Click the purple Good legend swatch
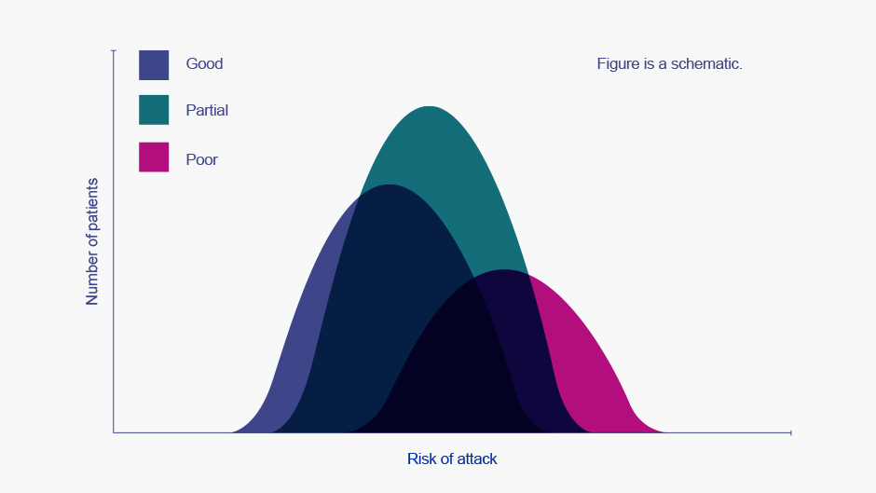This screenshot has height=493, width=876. [154, 65]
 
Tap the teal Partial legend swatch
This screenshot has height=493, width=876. [154, 110]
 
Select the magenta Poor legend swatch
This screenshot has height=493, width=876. [154, 157]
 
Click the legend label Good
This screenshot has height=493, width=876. [204, 63]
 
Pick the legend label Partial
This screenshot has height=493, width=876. [207, 110]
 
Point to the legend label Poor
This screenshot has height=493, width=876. [201, 160]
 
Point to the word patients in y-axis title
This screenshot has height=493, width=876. [92, 204]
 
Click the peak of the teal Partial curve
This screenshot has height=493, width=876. [429, 106]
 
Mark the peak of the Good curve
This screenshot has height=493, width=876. [389, 185]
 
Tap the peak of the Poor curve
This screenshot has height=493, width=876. [504, 269]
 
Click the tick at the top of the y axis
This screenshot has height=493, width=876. [114, 51]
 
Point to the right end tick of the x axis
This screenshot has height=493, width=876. [790, 432]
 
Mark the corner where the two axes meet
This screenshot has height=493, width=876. [114, 432]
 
